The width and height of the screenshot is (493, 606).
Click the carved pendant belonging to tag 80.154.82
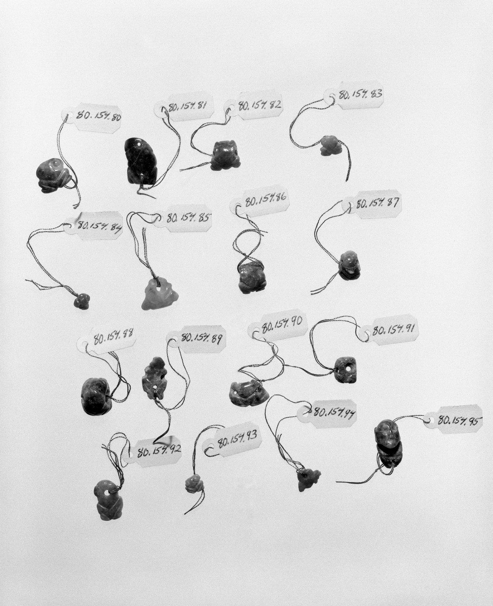click(x=226, y=155)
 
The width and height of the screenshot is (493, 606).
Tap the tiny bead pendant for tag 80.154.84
click(x=82, y=301)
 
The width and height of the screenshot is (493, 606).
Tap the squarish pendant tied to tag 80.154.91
click(x=345, y=370)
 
